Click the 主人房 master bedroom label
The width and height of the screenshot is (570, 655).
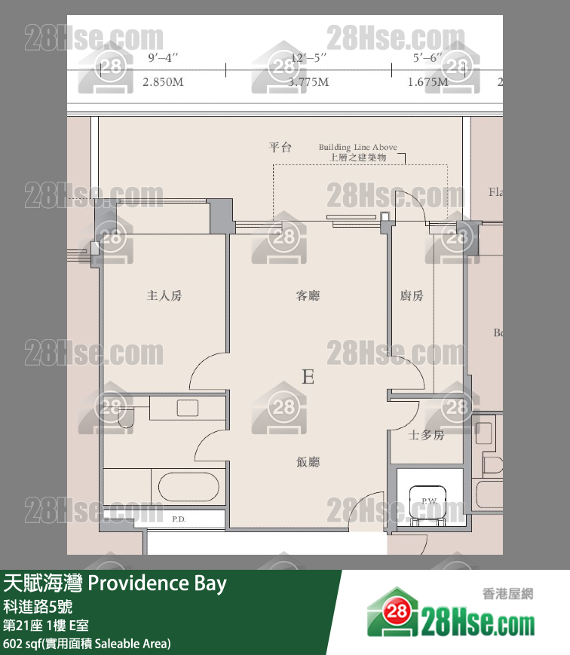tap(164, 296)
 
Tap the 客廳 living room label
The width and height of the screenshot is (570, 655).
tap(308, 296)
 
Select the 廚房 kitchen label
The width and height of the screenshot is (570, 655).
tap(412, 296)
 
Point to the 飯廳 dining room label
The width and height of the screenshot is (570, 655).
tap(308, 462)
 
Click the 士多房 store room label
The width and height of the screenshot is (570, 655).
tap(426, 435)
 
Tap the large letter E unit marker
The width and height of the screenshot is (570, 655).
tap(308, 377)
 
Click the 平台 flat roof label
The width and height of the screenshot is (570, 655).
tap(280, 148)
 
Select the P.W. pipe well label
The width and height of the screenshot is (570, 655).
tap(429, 501)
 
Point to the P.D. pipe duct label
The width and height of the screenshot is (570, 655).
tap(179, 519)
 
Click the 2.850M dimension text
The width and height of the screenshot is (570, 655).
tap(163, 82)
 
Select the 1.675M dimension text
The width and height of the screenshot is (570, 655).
tap(427, 82)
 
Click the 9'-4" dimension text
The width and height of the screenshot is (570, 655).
tap(163, 57)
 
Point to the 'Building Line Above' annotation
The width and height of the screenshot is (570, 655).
tap(357, 148)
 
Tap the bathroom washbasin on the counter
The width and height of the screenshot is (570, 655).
tap(187, 408)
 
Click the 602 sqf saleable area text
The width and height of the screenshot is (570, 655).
tap(87, 643)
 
